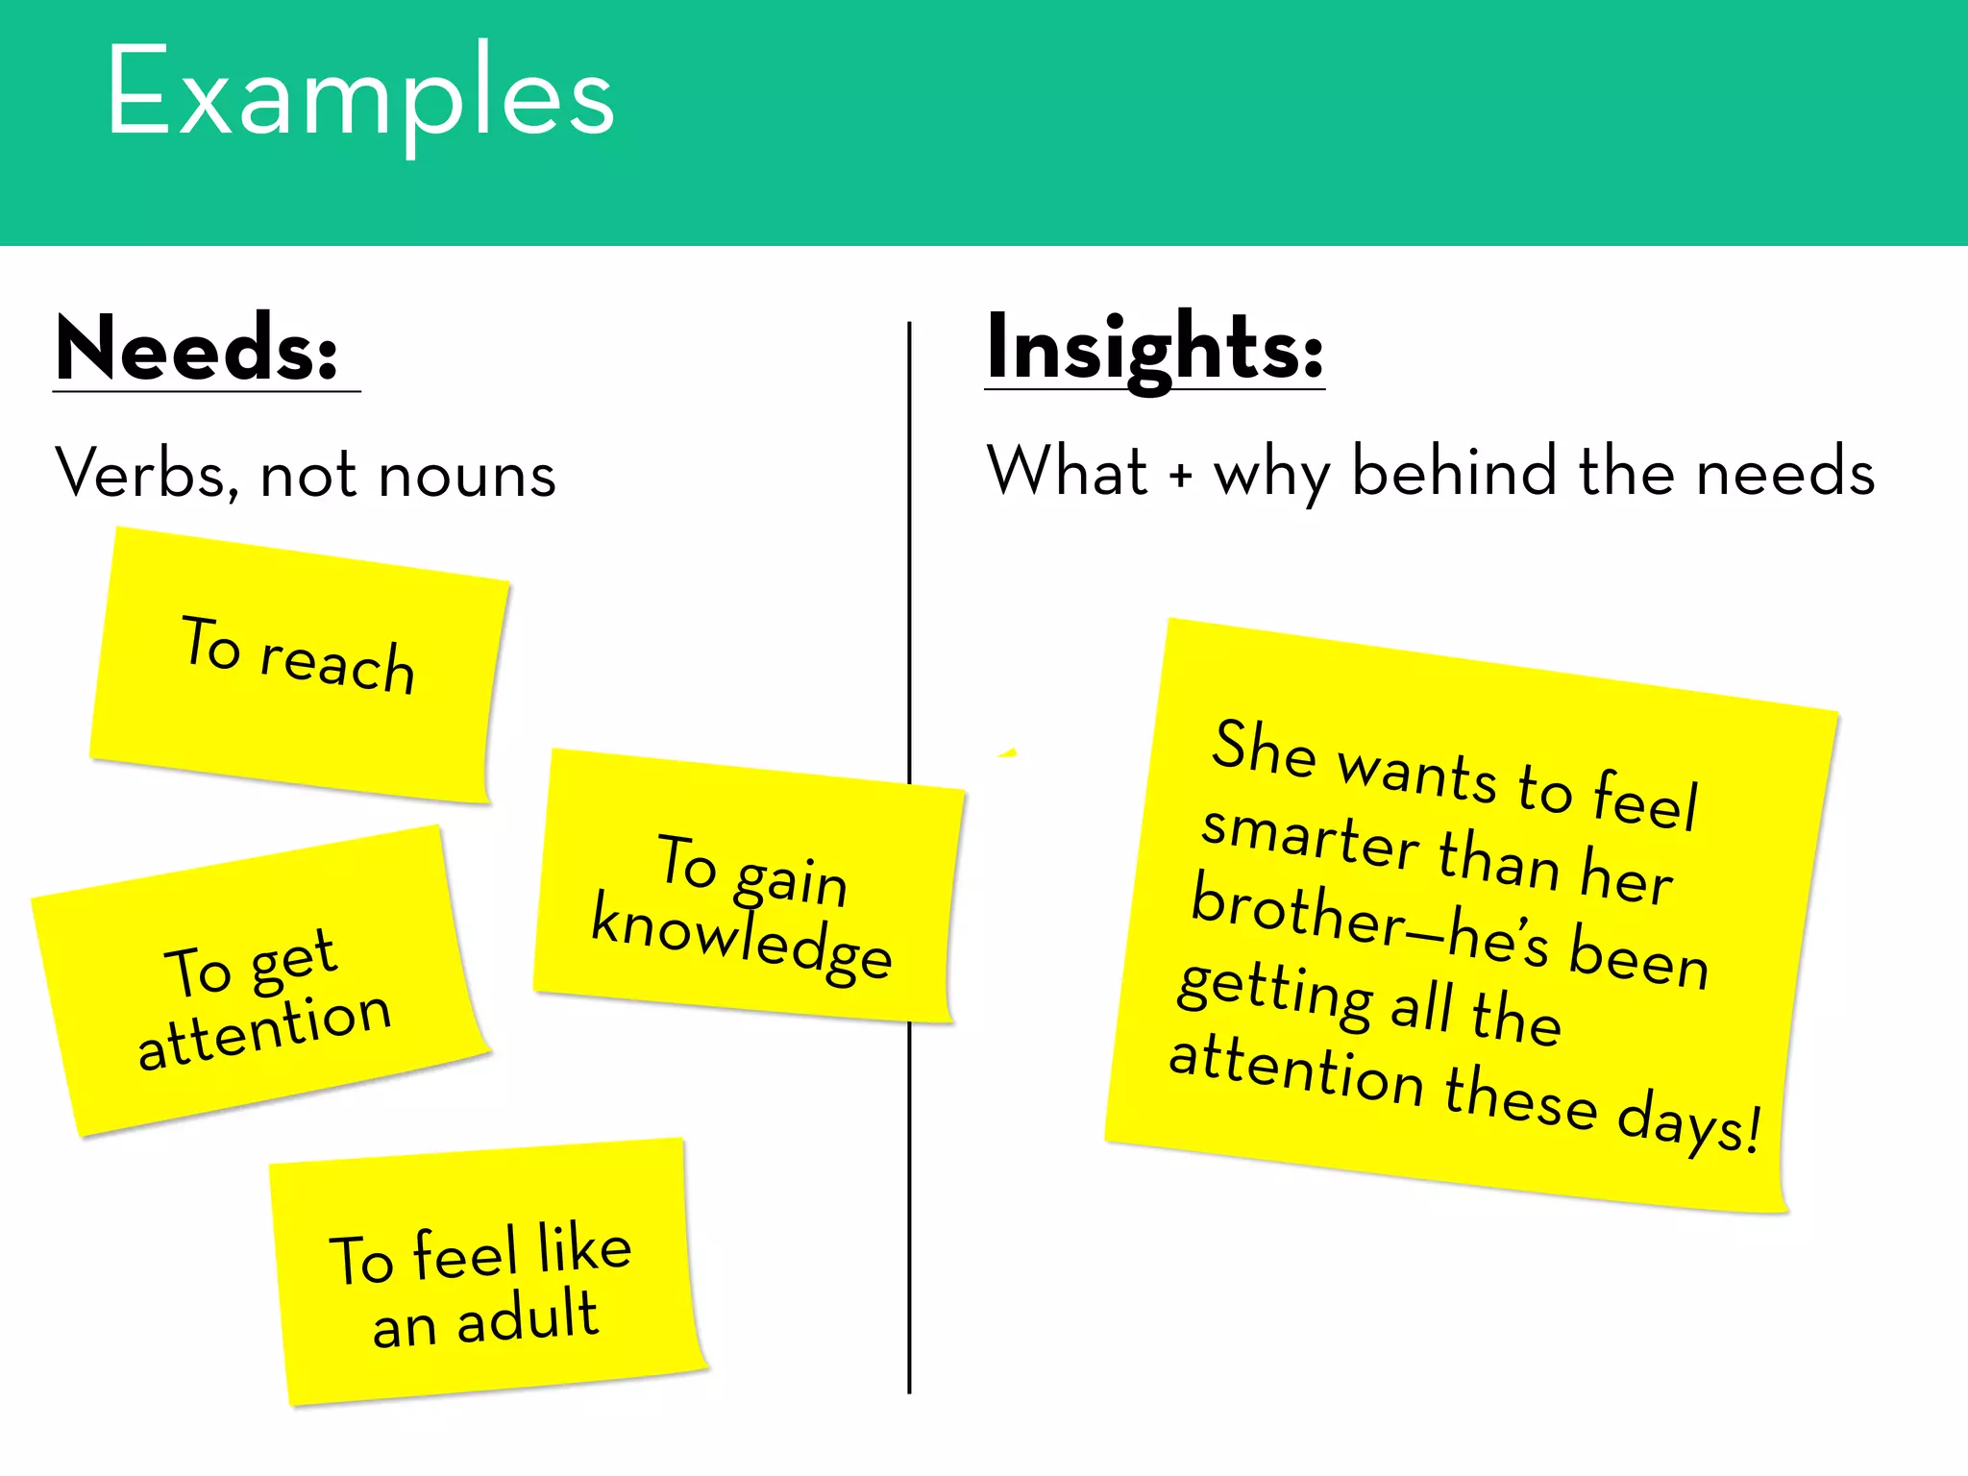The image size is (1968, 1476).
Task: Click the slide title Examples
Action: (360, 94)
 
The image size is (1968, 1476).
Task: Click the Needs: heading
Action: (197, 348)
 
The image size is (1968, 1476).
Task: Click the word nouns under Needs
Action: (467, 476)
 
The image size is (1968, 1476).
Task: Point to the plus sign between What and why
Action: (1180, 474)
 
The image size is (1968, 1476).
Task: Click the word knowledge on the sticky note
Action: (740, 942)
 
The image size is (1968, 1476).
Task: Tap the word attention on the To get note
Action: (264, 1030)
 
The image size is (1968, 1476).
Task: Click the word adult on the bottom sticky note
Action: (528, 1316)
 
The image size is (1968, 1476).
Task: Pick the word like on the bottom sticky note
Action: (583, 1248)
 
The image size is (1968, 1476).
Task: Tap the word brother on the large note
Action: (1297, 913)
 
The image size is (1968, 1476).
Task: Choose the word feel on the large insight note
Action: (1646, 799)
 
